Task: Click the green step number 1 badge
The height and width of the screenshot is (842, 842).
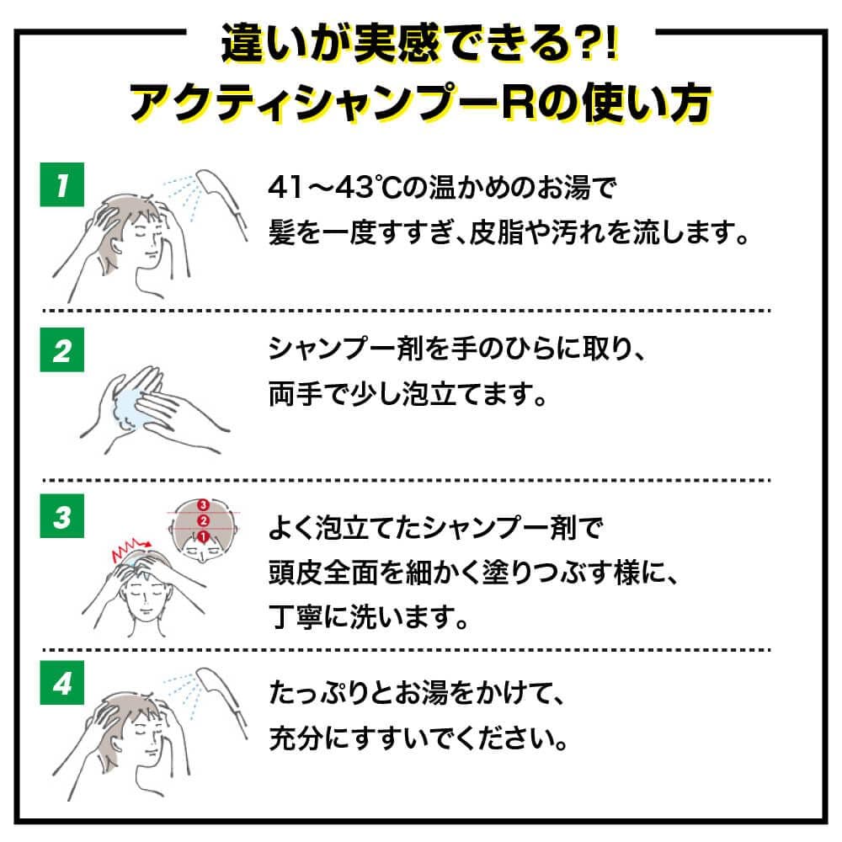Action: pos(63,184)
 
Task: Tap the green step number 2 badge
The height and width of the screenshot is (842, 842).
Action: pos(63,351)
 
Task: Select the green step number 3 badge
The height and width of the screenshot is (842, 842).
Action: pos(63,518)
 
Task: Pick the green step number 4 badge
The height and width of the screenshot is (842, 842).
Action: pos(63,685)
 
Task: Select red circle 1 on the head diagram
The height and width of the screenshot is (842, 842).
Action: pos(201,536)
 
